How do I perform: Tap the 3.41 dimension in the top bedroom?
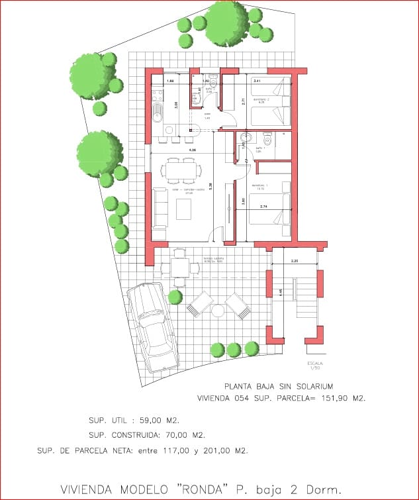(x=257, y=81)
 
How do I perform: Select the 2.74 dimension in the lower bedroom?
(x=263, y=207)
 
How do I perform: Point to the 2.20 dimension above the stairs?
(x=294, y=262)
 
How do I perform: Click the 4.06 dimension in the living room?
(x=192, y=151)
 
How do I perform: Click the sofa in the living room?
(x=159, y=208)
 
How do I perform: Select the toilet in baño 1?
(x=268, y=140)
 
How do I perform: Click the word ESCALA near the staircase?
(x=315, y=364)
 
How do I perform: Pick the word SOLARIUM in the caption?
(x=308, y=385)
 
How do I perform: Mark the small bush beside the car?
(x=175, y=297)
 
